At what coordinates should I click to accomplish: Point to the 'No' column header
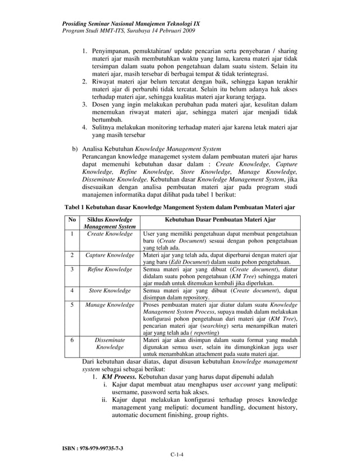coord(71,219)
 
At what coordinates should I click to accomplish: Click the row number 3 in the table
coord(71,270)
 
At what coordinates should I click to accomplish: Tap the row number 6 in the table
coord(71,340)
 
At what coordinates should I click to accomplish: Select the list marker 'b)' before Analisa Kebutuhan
coord(74,150)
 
